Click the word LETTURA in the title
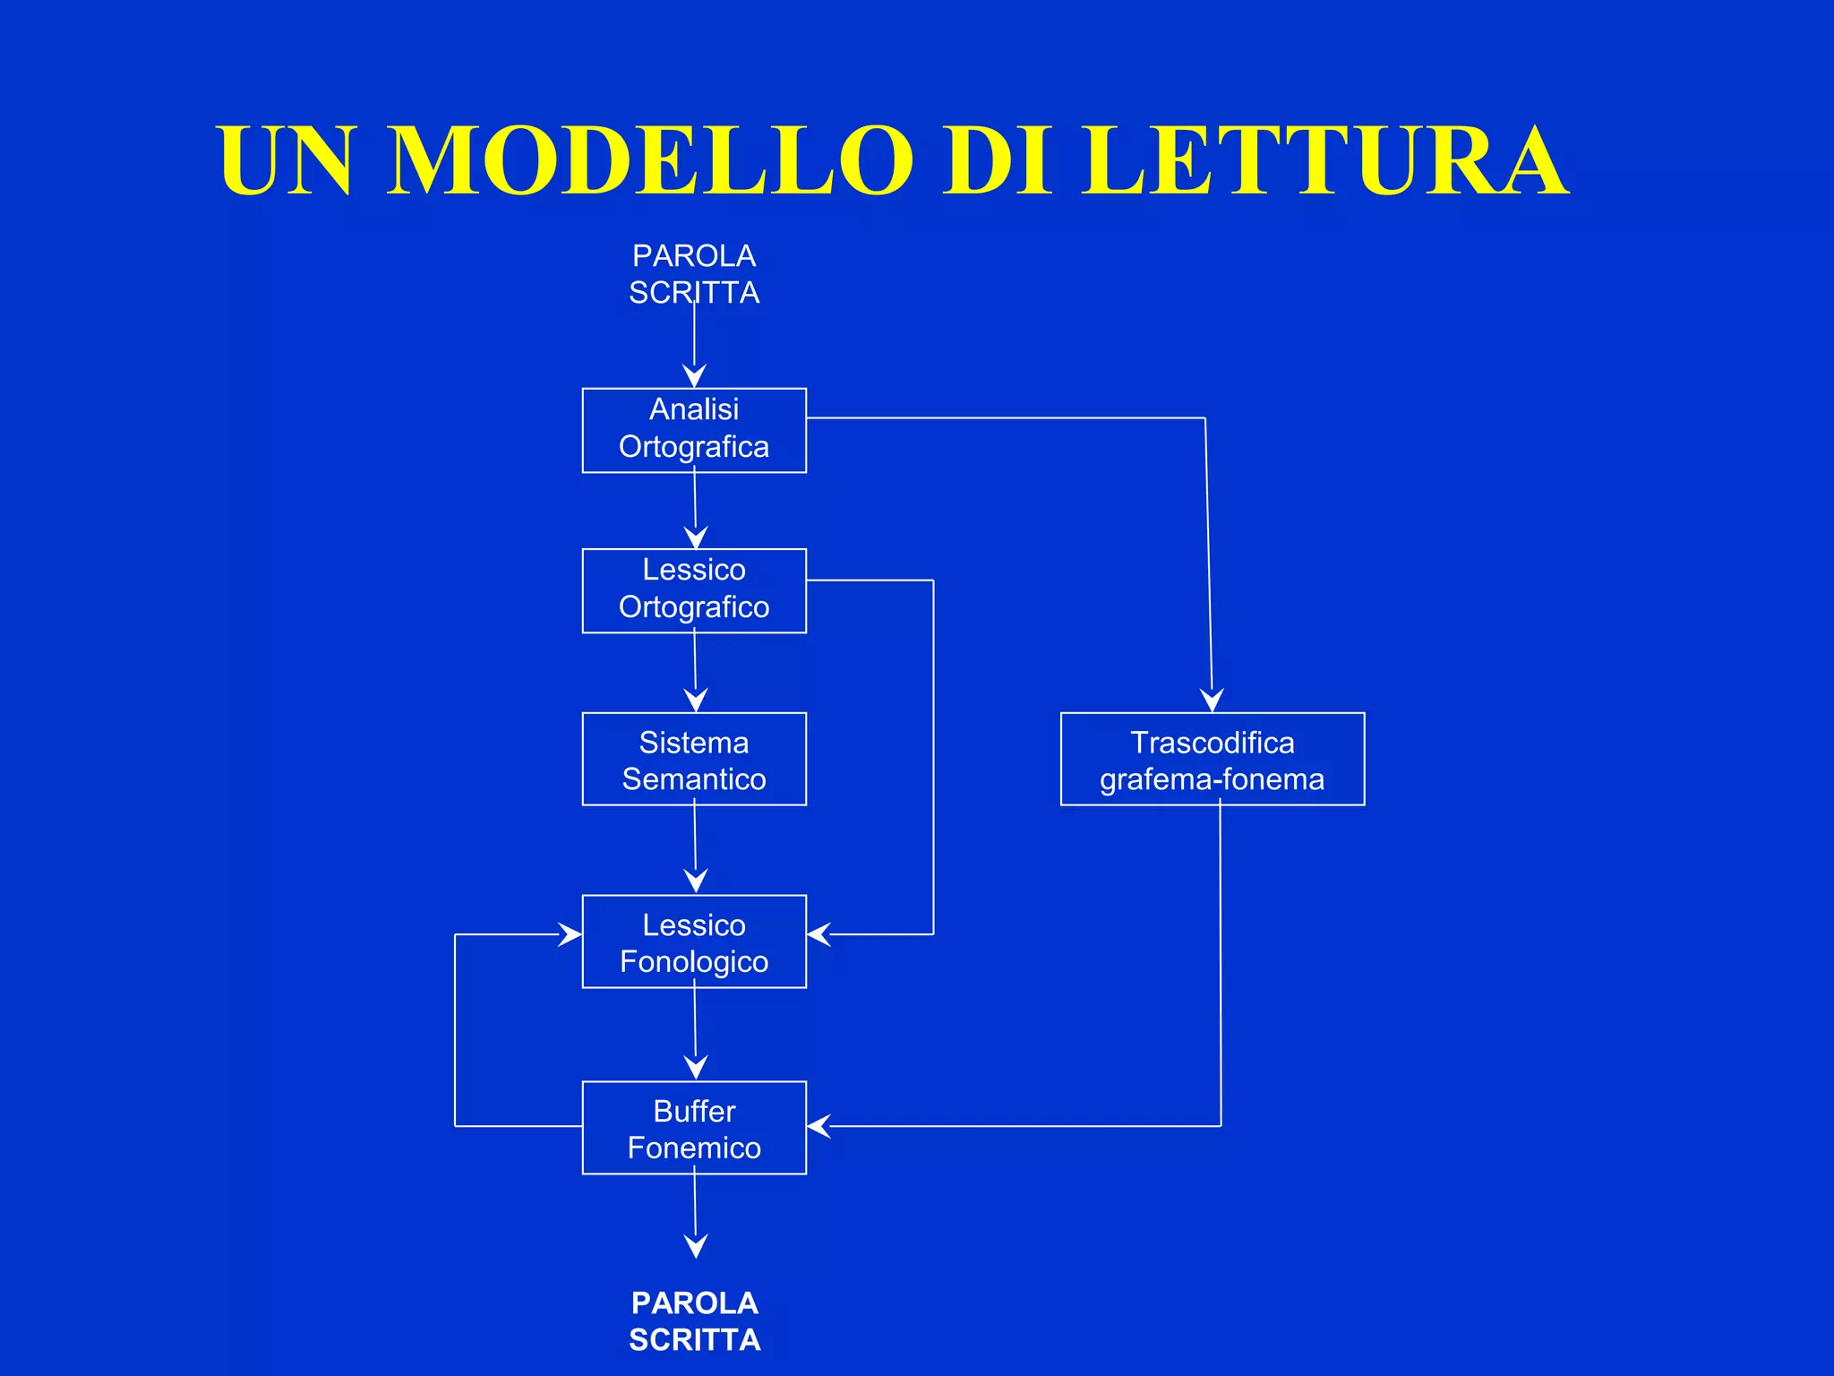[1325, 161]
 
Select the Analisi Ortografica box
[694, 430]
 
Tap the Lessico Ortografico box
[694, 590]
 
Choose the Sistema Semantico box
[694, 759]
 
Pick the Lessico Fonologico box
[694, 942]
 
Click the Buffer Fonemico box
[694, 1128]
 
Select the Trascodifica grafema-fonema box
[1213, 759]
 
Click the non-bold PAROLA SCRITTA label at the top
[694, 274]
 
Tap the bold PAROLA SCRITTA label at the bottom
[694, 1320]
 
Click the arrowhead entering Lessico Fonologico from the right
[818, 934]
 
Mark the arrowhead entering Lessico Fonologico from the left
[570, 934]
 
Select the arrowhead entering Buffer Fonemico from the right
[818, 1126]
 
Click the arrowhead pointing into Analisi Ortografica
[694, 375]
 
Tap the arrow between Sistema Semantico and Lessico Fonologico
[695, 847]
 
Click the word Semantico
[694, 779]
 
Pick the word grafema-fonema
[1212, 779]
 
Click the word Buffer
[694, 1111]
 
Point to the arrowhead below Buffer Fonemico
[696, 1245]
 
